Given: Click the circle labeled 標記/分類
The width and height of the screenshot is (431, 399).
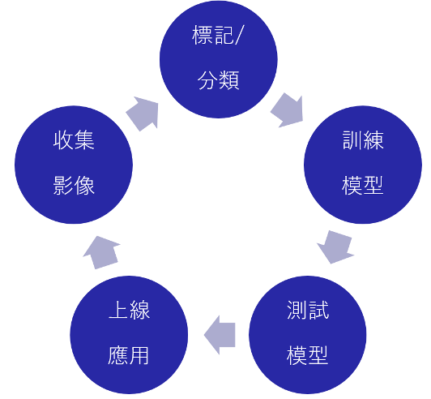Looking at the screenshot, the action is pyautogui.click(x=219, y=59).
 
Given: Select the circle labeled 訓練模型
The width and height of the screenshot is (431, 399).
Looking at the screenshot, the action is pyautogui.click(x=363, y=165).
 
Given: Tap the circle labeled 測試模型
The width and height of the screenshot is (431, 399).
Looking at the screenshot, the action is pyautogui.click(x=308, y=335).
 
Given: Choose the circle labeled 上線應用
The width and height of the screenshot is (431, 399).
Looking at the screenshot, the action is pyautogui.click(x=129, y=335).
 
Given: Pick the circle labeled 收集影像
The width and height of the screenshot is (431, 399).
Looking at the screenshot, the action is pyautogui.click(x=74, y=165).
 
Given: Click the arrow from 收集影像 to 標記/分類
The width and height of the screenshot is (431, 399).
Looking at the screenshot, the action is pyautogui.click(x=143, y=113).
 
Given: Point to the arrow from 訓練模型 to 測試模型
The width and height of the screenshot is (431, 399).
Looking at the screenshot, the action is pyautogui.click(x=335, y=247).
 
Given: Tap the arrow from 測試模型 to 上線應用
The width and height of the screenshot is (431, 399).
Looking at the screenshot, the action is pyautogui.click(x=220, y=335).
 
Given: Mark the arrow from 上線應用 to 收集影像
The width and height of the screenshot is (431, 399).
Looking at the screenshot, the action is pyautogui.click(x=101, y=252).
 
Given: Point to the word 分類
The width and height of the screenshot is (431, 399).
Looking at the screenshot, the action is pyautogui.click(x=219, y=80).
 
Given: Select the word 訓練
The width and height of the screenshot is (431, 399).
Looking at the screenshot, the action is pyautogui.click(x=363, y=140).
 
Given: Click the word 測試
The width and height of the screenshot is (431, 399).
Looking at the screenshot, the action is pyautogui.click(x=308, y=310).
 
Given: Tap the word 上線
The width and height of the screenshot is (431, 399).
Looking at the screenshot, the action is pyautogui.click(x=129, y=310).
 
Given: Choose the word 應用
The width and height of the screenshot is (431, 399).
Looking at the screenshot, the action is pyautogui.click(x=129, y=355).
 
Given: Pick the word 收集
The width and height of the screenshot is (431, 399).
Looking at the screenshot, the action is pyautogui.click(x=74, y=140).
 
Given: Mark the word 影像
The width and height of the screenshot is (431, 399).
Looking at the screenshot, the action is pyautogui.click(x=74, y=186).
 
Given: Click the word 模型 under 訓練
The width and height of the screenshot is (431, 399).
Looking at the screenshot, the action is pyautogui.click(x=363, y=186).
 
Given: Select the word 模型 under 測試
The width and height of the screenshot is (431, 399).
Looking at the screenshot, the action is pyautogui.click(x=308, y=355).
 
